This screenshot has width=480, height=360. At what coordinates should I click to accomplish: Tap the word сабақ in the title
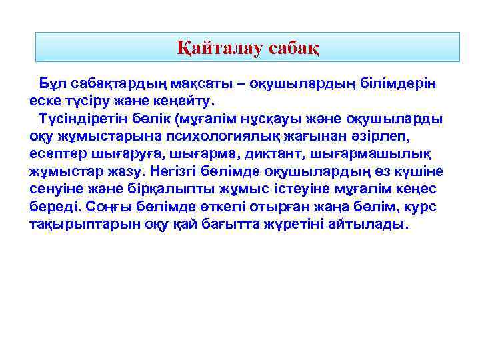tap(293, 48)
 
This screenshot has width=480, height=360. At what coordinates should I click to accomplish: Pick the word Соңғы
tap(106, 207)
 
